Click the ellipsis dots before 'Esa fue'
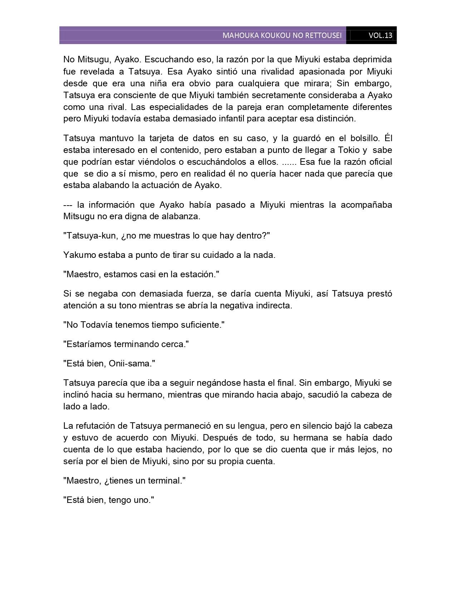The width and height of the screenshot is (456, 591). (289, 162)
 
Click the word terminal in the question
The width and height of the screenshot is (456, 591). (165, 481)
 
